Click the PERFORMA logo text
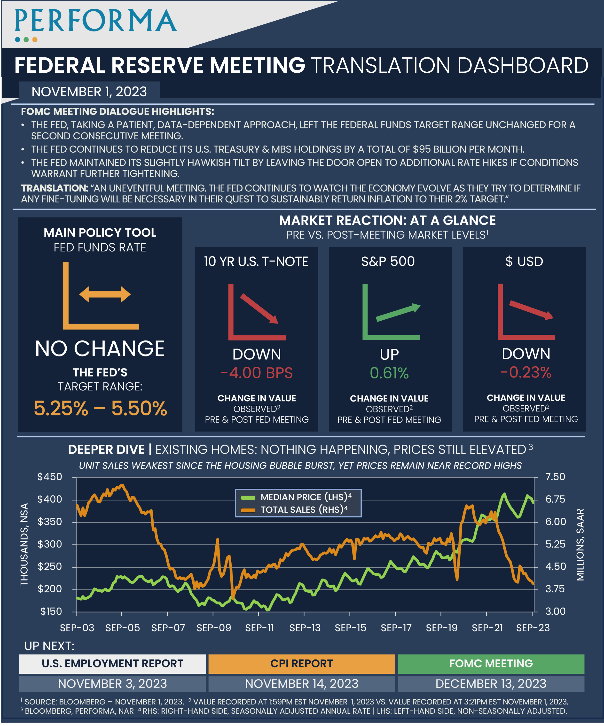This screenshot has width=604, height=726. pos(96,21)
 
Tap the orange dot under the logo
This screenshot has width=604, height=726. pos(35,40)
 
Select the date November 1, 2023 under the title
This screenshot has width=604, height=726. pos(89,92)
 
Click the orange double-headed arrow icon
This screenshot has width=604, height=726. pos(105,294)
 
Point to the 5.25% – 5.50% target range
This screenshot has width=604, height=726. pos(100,408)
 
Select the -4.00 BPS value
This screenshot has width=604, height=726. pos(257,373)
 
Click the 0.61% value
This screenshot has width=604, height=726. pos(389,373)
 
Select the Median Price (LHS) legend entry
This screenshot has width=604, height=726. pos(298,497)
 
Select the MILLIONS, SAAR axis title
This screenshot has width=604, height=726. pos(580,544)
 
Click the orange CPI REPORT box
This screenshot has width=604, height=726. pos(301,664)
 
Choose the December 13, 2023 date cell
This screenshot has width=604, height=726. pos(491,683)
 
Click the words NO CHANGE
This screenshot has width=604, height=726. pos(100,348)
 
